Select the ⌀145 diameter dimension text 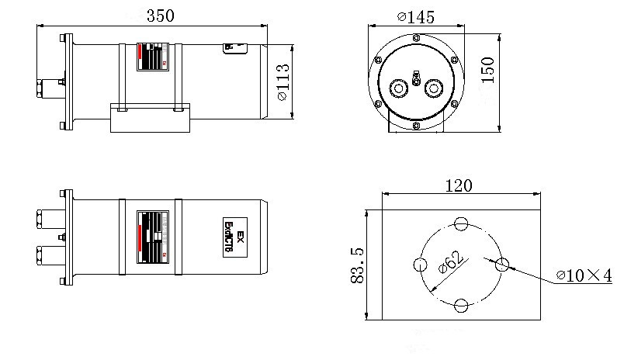point(415,16)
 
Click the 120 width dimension point(460,186)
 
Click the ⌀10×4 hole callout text point(584,275)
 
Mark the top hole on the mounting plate point(461,224)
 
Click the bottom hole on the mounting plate point(461,305)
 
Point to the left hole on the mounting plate point(421,265)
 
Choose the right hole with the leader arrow point(501,265)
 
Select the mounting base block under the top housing point(148,119)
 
